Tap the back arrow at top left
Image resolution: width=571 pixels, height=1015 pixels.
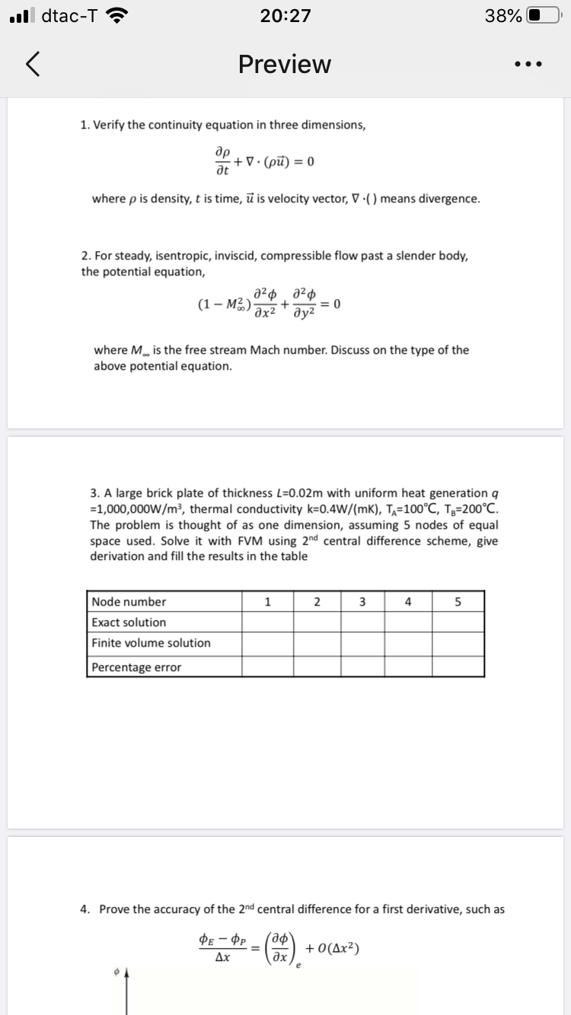(x=32, y=65)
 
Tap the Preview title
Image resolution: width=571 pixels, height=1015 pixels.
(x=285, y=65)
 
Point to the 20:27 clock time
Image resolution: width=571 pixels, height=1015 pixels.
(x=285, y=15)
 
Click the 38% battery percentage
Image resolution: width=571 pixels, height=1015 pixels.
(x=503, y=15)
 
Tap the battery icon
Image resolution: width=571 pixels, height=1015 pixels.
(x=541, y=15)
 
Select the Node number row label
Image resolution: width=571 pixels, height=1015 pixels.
(x=129, y=602)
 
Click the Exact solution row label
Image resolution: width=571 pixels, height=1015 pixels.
(x=129, y=622)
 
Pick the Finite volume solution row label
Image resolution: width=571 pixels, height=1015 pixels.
(x=151, y=643)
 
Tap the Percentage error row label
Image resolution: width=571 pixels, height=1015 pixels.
(x=136, y=667)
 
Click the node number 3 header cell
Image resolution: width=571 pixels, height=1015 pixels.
(x=362, y=602)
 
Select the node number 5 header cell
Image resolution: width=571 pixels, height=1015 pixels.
(x=458, y=602)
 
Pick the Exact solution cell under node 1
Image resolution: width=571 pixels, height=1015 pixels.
(x=267, y=622)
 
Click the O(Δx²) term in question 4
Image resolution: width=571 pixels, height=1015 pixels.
(x=333, y=949)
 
